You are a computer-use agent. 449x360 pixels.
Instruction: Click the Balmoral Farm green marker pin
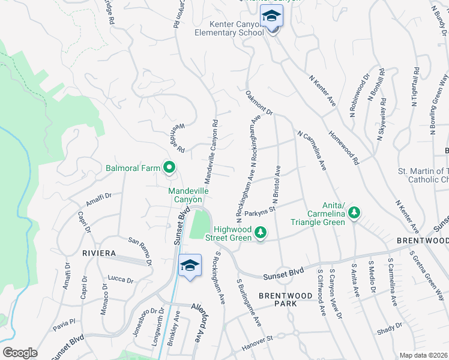click(169, 168)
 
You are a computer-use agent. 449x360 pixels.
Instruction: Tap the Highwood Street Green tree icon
click(261, 232)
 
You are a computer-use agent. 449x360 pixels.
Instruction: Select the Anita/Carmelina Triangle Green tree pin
click(354, 212)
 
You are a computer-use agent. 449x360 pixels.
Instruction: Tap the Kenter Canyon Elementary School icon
click(272, 18)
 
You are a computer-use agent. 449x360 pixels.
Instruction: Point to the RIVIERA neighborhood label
click(99, 253)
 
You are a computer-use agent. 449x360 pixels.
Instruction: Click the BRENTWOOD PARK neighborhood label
click(286, 299)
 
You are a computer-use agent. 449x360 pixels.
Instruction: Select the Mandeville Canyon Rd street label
click(210, 151)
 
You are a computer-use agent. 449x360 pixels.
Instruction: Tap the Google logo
click(20, 353)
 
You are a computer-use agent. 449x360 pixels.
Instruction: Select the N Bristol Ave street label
click(277, 187)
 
